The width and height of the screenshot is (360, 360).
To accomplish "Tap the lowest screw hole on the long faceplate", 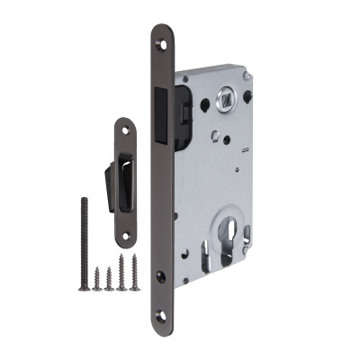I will [x=162, y=316].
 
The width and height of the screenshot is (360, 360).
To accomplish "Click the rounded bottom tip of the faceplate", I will [x=162, y=326].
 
